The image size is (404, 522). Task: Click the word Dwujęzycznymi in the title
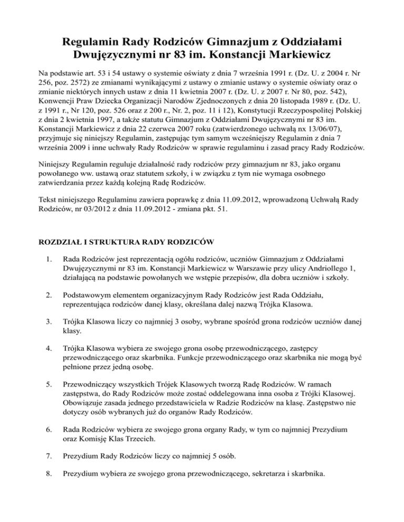[x=128, y=54]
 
